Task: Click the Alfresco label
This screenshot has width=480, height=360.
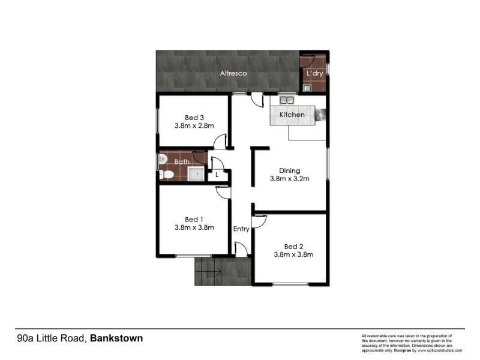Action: [x=233, y=73]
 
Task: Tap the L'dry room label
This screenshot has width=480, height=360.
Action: [x=314, y=73]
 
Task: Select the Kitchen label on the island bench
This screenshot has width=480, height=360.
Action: [x=292, y=114]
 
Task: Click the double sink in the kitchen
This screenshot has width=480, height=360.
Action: [x=287, y=100]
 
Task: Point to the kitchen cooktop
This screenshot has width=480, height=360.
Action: [x=319, y=115]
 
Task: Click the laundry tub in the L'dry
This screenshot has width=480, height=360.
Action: [x=307, y=88]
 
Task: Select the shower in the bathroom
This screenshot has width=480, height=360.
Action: [x=196, y=174]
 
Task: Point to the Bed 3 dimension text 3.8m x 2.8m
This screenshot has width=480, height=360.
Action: [x=194, y=126]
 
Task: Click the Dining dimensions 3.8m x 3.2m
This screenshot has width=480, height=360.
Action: [x=289, y=179]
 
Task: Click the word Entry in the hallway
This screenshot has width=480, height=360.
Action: [x=241, y=229]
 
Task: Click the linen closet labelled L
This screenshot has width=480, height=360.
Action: [x=217, y=175]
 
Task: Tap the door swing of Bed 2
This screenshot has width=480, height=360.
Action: [x=259, y=222]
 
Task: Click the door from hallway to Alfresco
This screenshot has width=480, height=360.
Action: [x=257, y=100]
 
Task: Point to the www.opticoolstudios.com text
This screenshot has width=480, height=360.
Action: [x=438, y=350]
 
